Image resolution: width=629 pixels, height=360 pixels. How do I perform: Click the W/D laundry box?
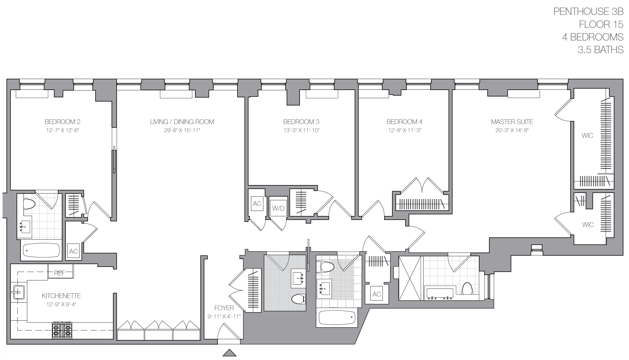[278, 208]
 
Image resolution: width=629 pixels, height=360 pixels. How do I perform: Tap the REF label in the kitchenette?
[60, 273]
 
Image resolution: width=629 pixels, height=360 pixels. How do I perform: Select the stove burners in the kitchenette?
[62, 330]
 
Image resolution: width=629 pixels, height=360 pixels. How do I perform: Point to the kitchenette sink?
[19, 292]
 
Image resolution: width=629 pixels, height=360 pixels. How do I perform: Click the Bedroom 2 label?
[62, 122]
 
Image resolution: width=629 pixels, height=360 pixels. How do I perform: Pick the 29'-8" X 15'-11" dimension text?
[182, 130]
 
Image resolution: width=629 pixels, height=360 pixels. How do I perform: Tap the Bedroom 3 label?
[301, 122]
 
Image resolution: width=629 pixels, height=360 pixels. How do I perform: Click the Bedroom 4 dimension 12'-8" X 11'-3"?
[404, 130]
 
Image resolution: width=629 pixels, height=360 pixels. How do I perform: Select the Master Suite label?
[512, 122]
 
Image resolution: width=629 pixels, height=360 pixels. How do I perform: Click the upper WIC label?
[587, 136]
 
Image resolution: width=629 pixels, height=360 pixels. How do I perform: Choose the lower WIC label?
[588, 225]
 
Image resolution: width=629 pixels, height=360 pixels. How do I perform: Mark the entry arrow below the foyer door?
[230, 353]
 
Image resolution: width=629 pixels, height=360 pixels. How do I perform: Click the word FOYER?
[224, 308]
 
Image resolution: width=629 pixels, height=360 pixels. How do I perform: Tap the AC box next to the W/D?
[257, 204]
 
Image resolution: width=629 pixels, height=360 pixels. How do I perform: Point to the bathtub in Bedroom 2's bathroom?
[41, 250]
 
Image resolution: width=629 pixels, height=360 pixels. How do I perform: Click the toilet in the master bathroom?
[467, 289]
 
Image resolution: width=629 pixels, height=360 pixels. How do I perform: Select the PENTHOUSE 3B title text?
[588, 12]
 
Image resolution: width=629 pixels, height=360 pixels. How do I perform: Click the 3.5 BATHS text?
[600, 50]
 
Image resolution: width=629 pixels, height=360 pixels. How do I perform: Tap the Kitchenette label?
[61, 296]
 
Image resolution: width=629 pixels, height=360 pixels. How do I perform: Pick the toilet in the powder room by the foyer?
[298, 299]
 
